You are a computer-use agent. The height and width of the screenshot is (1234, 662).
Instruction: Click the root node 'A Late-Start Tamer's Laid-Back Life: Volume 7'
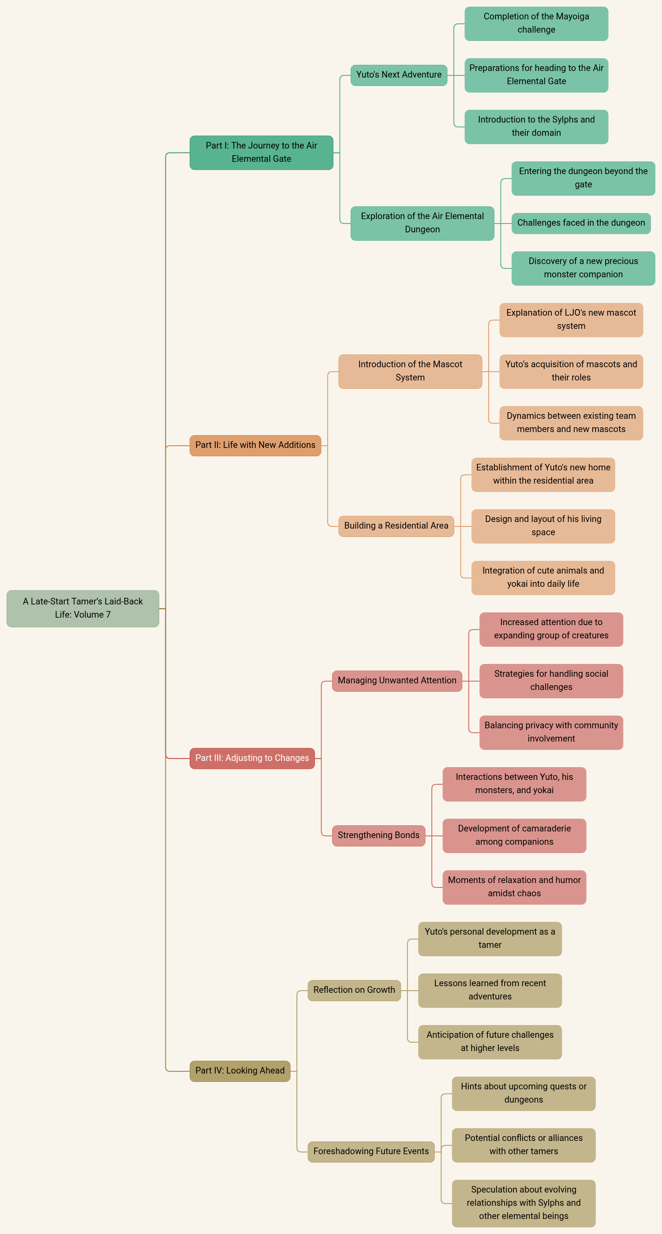point(82,608)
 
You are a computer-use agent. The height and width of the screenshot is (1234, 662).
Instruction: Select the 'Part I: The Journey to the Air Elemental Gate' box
point(261,153)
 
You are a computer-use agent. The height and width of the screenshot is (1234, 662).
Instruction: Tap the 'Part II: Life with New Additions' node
point(255,445)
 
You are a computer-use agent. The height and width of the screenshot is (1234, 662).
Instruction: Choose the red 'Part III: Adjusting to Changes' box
point(252,758)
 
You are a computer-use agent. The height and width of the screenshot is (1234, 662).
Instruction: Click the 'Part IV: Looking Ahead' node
point(239,1070)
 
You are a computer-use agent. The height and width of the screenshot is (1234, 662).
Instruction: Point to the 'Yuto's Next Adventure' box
point(398,75)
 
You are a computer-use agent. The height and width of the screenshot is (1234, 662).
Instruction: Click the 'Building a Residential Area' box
point(396,526)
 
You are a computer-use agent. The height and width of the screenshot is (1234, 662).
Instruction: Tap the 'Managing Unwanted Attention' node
point(396,680)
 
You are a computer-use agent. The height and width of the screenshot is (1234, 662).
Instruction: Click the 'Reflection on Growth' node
point(354,990)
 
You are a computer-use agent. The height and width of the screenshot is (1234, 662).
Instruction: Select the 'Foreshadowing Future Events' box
point(370,1151)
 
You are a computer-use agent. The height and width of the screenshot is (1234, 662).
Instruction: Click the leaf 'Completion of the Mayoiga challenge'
point(536,23)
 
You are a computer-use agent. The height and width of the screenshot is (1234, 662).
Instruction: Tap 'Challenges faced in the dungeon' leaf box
point(580,223)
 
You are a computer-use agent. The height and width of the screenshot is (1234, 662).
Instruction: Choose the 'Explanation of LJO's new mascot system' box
point(570,319)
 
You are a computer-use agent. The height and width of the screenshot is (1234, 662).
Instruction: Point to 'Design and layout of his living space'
point(542,526)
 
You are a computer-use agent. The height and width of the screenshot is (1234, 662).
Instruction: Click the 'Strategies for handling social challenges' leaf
point(551,680)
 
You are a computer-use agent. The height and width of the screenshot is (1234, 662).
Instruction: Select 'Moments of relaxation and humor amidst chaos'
point(514,887)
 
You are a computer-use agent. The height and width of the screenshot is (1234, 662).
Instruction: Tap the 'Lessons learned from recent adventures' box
point(490,990)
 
